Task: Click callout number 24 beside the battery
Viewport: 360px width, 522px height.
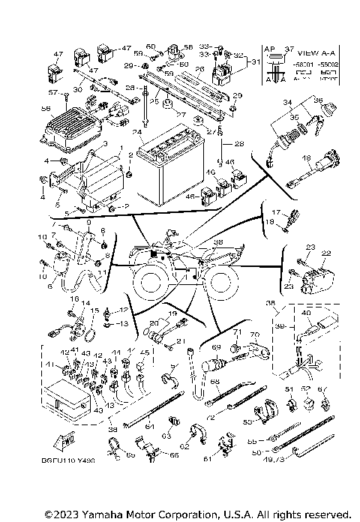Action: [x=136, y=132]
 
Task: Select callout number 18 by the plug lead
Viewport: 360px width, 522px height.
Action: [x=306, y=158]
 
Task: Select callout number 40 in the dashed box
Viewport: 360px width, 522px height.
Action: [x=305, y=313]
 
